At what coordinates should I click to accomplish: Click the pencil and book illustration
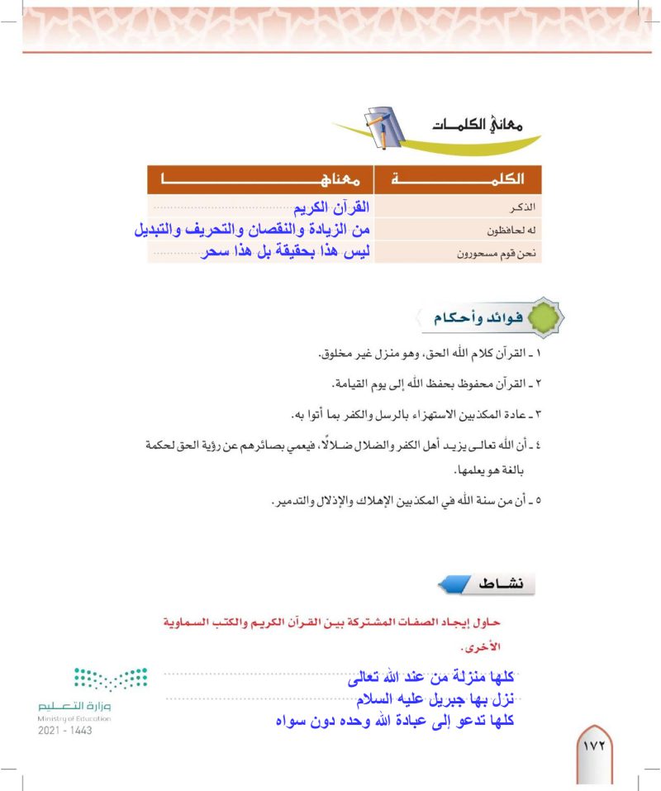tap(383, 124)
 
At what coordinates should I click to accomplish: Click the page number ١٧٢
tap(594, 745)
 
